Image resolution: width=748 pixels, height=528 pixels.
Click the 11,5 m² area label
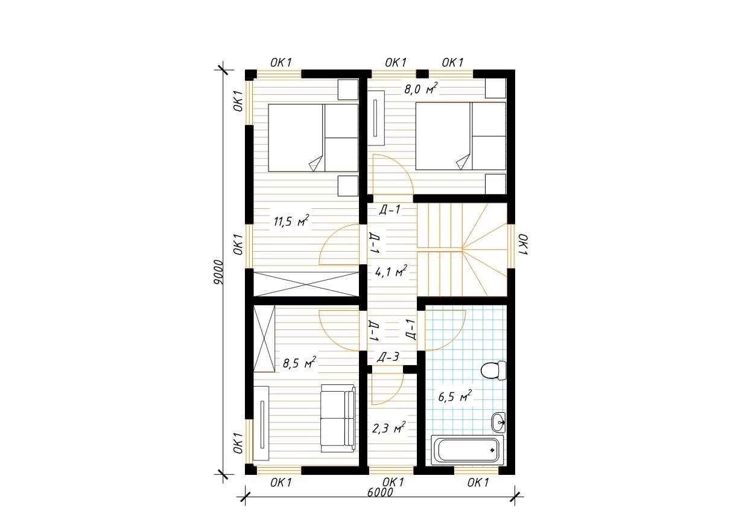291,221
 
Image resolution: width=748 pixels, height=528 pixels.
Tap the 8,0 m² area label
421,89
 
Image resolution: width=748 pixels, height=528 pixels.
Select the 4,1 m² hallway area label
391,272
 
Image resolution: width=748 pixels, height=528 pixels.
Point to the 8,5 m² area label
299,362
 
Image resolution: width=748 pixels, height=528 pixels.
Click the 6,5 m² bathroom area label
454,396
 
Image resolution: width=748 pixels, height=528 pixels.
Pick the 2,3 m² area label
388,428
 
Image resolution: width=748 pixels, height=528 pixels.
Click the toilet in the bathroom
493,371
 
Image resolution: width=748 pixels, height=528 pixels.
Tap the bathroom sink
498,422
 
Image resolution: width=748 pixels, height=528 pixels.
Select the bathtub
468,450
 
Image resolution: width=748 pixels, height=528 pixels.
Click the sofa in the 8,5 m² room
338,418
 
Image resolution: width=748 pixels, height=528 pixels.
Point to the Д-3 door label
388,357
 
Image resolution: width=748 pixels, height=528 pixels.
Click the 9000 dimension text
218,272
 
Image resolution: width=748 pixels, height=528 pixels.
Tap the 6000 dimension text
380,492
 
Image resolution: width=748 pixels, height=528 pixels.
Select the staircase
462,250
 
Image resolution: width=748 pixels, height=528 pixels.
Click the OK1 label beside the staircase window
523,244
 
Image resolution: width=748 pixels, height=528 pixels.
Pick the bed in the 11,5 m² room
313,138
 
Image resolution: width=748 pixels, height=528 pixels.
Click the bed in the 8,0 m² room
460,136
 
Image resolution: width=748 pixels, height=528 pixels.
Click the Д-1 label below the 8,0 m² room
390,210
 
